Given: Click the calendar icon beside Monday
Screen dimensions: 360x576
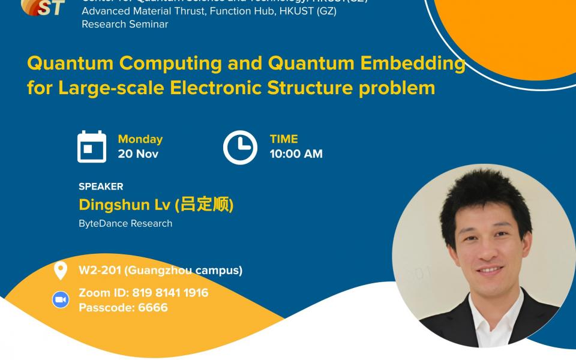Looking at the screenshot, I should [x=92, y=147].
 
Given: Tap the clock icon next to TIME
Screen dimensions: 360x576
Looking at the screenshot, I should [x=240, y=147].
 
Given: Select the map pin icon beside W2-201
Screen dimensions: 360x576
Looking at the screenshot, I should [x=60, y=271].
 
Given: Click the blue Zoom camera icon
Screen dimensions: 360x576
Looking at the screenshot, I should [x=61, y=300].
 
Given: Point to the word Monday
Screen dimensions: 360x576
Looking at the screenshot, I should [x=140, y=139].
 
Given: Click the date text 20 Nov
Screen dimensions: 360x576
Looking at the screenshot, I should [x=138, y=154].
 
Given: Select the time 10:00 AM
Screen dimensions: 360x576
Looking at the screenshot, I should [x=296, y=154].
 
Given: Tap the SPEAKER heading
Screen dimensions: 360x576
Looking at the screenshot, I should [x=101, y=187].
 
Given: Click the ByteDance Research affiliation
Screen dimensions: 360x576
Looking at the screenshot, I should [x=125, y=223].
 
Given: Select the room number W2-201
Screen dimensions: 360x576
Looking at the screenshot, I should [x=100, y=270].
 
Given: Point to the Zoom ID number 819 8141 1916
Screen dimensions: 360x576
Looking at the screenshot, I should [x=170, y=293].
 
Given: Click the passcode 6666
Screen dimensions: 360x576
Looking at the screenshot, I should [x=152, y=308].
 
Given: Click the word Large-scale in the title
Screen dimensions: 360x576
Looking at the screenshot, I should [x=112, y=88].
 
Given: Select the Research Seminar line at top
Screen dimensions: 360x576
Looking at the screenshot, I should [x=125, y=24].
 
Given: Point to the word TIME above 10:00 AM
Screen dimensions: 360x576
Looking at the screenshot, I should [x=284, y=139].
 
